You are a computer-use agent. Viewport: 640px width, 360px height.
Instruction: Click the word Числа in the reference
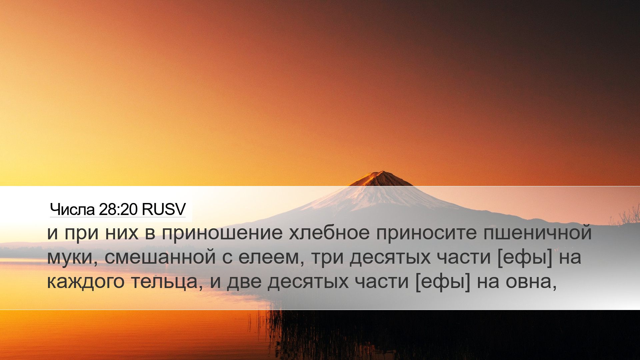72,210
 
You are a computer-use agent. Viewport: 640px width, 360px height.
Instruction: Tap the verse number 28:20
118,210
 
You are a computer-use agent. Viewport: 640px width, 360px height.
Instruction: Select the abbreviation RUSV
163,210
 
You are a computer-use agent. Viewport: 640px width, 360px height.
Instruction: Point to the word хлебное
329,232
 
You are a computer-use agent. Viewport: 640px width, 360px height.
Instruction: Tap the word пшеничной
537,232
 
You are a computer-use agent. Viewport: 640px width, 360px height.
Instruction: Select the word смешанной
160,257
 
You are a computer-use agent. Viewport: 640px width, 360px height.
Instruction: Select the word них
122,233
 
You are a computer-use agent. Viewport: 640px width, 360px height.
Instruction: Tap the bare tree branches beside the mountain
625,215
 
